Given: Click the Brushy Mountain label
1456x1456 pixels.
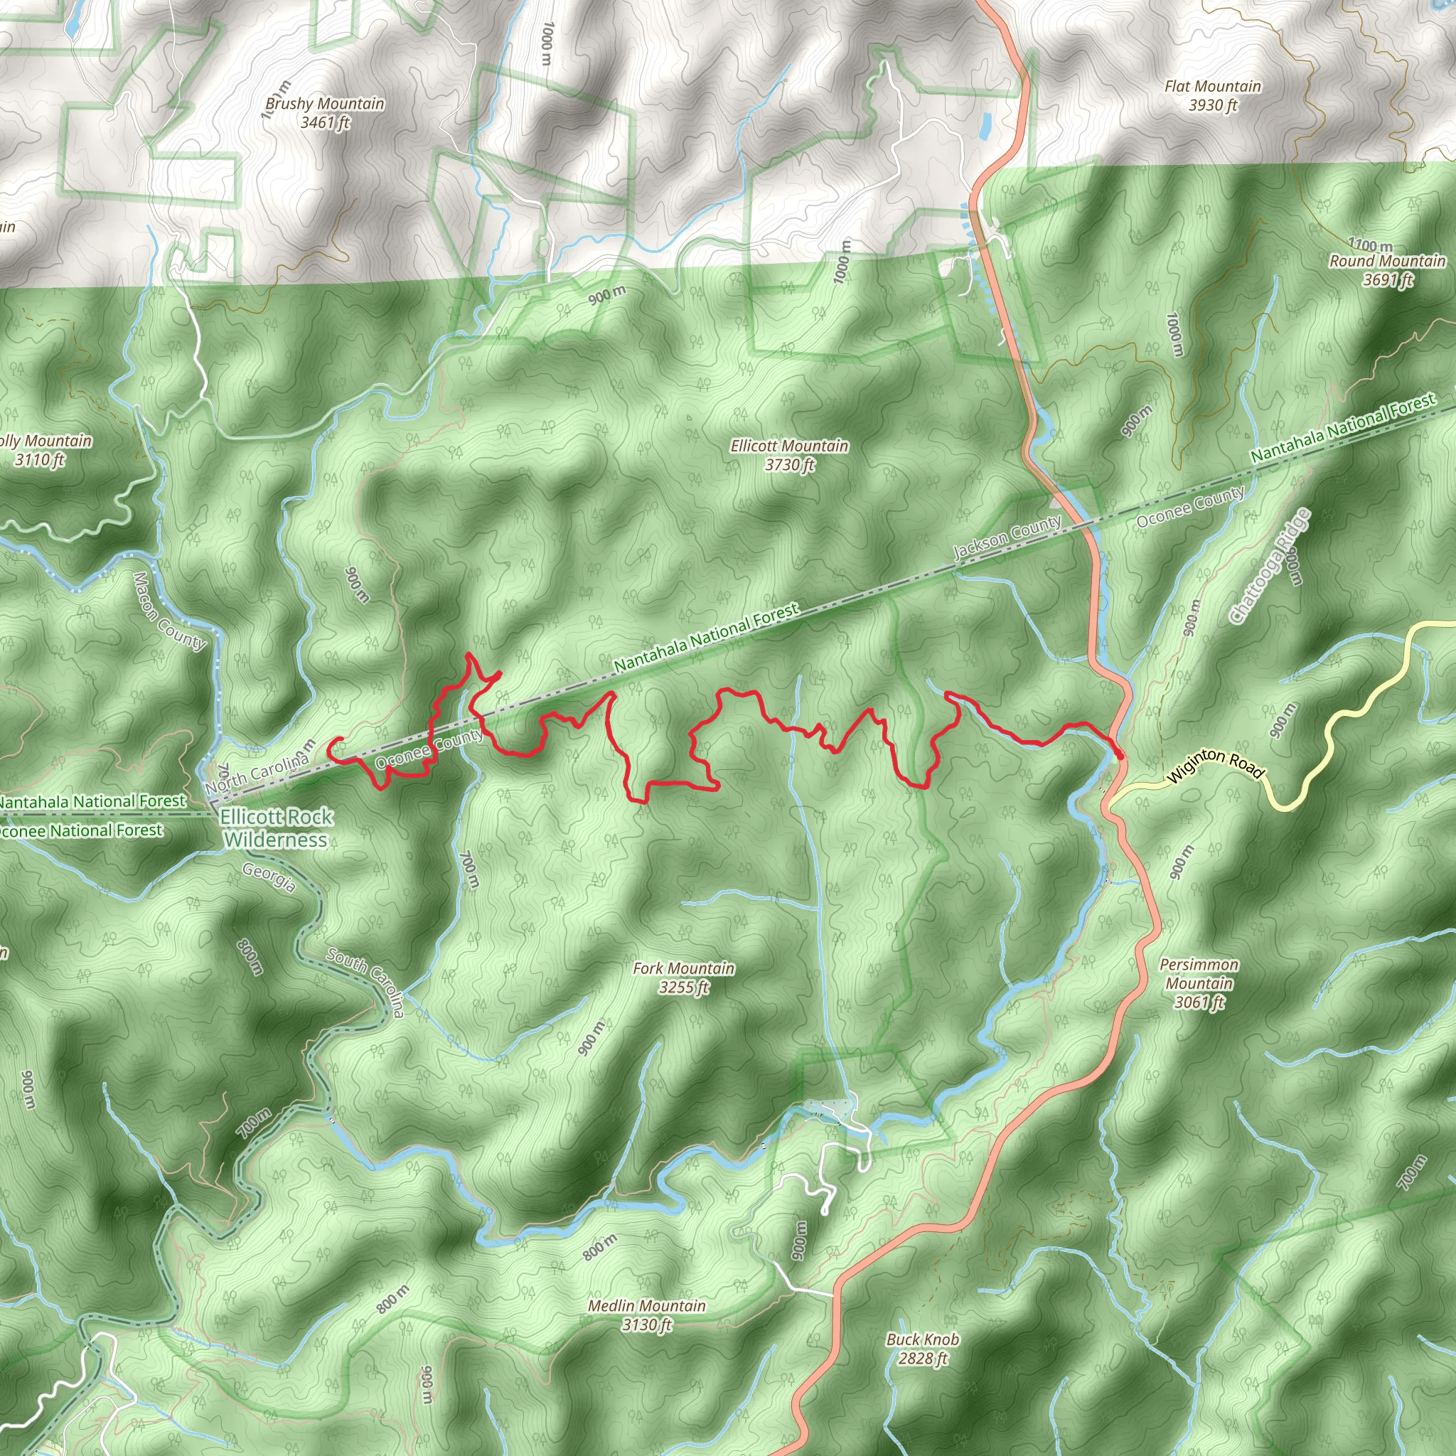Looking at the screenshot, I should pos(325,112).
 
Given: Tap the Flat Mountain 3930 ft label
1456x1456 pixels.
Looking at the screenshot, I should pos(1213,96).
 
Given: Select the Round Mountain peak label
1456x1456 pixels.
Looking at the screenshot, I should pos(1388,269).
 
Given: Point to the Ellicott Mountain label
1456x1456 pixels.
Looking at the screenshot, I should pos(789,455).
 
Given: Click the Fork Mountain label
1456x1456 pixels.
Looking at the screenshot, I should pos(683,978).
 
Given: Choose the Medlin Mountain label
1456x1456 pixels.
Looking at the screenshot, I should pos(647,1315).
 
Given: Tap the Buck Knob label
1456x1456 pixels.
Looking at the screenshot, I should pos(922,1348).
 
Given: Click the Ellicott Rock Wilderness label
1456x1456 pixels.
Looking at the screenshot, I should pos(276,828).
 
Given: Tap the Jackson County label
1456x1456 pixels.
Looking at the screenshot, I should pos(1007,537).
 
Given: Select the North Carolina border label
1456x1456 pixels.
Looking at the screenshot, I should pos(256,774).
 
